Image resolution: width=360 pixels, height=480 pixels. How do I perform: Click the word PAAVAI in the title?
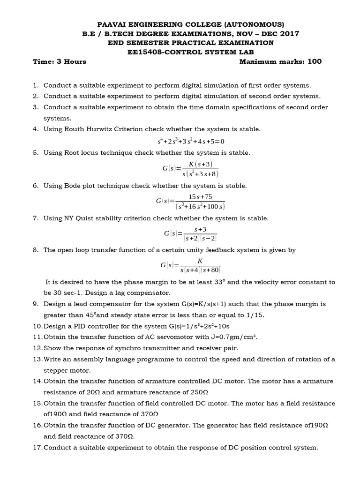coord(112,24)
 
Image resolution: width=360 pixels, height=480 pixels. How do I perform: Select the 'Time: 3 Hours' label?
coord(60,61)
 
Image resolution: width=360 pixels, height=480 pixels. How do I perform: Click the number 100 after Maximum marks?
coord(315,61)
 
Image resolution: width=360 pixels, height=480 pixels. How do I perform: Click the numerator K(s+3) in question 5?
coord(200,164)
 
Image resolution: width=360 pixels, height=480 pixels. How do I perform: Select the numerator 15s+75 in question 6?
coord(200,197)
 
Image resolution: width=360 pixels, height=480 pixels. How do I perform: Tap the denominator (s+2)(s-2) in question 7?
coord(200,238)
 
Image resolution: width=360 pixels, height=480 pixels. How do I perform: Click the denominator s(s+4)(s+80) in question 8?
coord(200,270)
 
